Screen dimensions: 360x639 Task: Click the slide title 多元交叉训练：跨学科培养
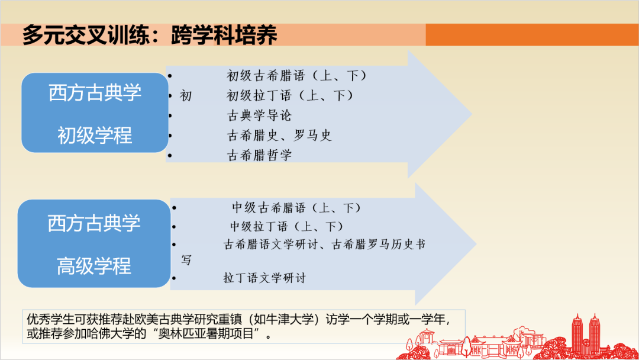(x=150, y=35)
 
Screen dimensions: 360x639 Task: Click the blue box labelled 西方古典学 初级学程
(x=95, y=113)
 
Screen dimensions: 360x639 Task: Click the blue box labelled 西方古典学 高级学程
(x=94, y=244)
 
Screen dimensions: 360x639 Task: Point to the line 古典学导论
(x=259, y=115)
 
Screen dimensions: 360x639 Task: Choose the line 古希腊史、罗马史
(x=279, y=136)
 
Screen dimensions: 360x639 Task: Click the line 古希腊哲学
(x=259, y=155)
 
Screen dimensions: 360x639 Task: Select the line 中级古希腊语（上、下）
(x=296, y=208)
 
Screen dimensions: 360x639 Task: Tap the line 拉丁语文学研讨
(x=264, y=278)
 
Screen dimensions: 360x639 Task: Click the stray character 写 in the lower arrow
(x=186, y=260)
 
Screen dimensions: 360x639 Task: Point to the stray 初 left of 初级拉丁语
(x=186, y=95)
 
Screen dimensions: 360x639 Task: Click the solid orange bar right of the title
(x=531, y=35)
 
